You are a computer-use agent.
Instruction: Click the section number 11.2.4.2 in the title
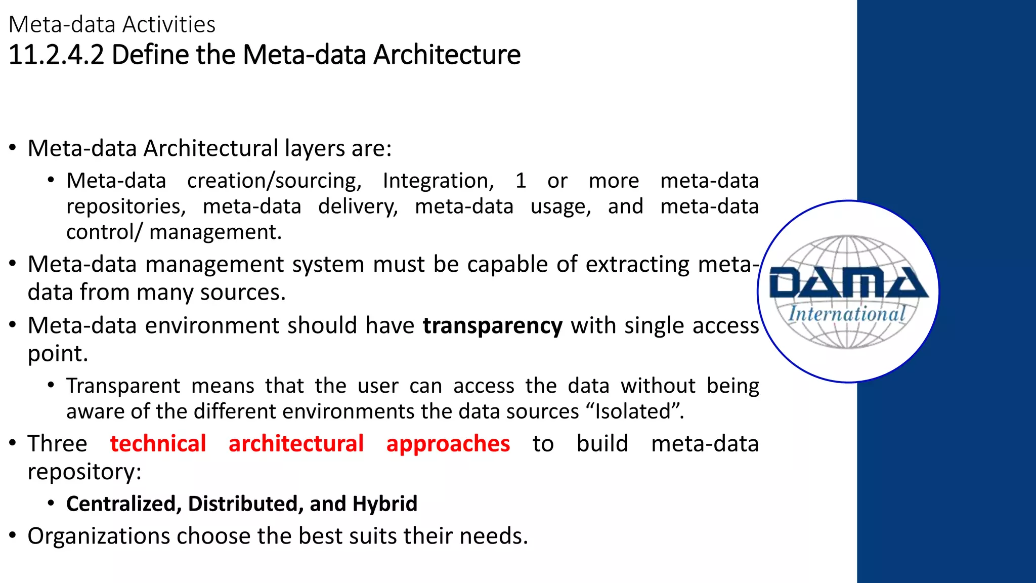[x=56, y=55]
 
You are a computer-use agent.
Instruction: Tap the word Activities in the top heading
[x=169, y=25]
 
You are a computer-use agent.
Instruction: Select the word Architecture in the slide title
[x=447, y=55]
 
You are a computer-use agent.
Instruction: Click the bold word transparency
[x=492, y=326]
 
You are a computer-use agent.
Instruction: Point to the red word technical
[x=158, y=444]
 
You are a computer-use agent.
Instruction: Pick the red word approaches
[x=448, y=444]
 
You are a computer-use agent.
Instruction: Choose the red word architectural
[x=296, y=444]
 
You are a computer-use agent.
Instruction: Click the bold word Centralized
[x=121, y=504]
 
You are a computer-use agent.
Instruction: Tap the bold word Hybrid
[x=384, y=504]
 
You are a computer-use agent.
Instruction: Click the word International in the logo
[x=847, y=314]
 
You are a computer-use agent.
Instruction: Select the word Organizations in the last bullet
[x=99, y=536]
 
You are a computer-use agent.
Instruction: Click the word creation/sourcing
[x=274, y=181]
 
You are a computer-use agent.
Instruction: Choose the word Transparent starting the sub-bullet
[x=123, y=386]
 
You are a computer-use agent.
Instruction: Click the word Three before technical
[x=57, y=444]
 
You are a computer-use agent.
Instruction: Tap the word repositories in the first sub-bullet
[x=126, y=207]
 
